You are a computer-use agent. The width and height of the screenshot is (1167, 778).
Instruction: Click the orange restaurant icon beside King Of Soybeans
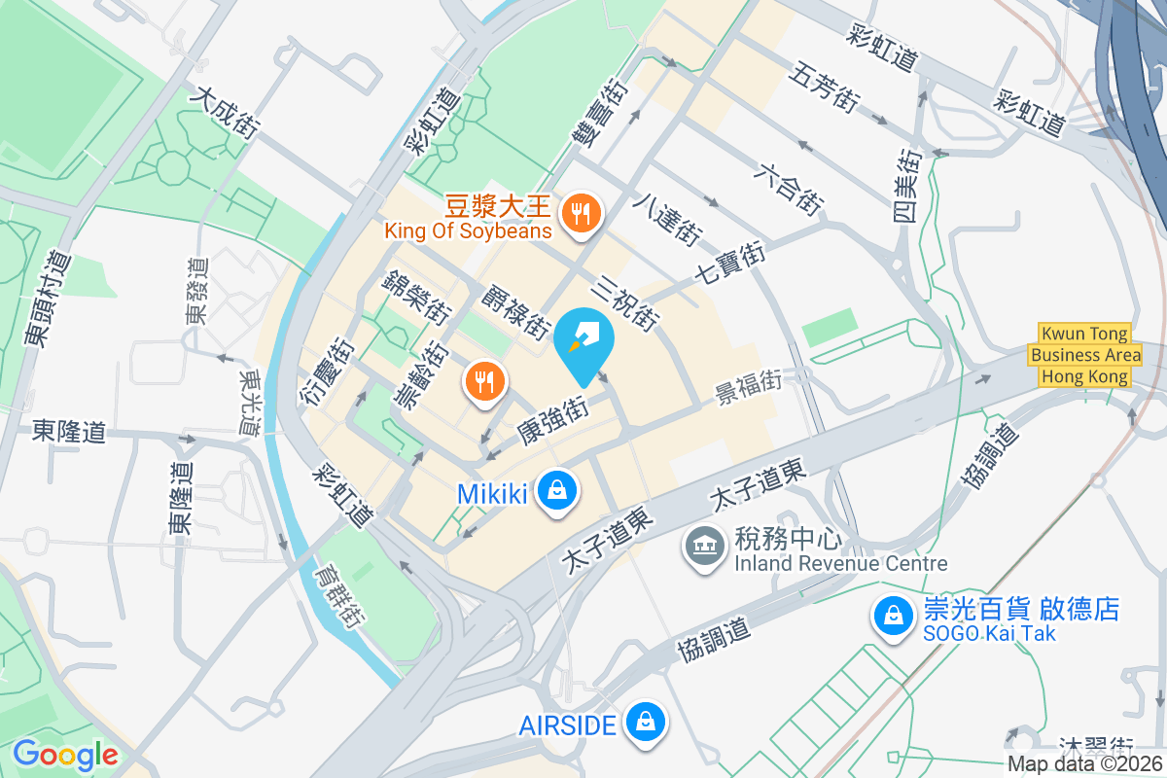582,213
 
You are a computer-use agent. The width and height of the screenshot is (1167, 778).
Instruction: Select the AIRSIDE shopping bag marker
644,723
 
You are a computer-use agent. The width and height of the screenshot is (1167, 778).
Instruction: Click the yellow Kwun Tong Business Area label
1084,355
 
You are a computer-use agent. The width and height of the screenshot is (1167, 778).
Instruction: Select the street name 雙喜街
598,113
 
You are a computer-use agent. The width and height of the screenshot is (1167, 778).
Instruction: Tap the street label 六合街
789,188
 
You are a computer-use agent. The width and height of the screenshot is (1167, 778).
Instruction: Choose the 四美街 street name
908,186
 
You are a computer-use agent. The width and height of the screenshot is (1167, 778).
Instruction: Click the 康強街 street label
552,421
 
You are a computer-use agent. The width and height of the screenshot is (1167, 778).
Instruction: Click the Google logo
65,756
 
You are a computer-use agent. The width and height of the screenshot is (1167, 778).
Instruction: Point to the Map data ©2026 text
1084,764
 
